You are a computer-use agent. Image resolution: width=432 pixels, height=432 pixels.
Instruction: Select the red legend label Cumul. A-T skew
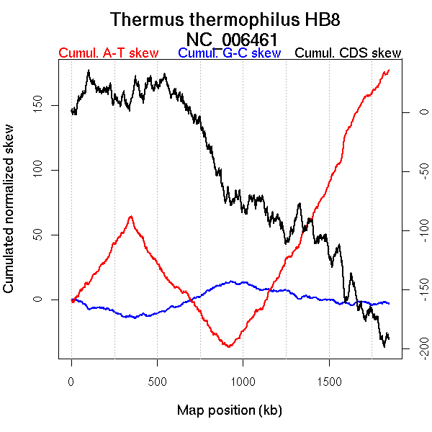point(108,53)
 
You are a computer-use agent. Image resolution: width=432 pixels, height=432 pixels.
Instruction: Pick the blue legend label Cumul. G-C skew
point(229,53)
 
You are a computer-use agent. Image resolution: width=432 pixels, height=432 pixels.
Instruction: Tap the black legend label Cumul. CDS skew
point(348,53)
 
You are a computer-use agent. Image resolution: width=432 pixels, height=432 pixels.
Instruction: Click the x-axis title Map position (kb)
point(229,410)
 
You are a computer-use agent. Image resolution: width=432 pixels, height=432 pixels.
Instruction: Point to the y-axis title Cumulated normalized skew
point(9,218)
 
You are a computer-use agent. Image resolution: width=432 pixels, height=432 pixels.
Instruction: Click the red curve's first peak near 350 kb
point(130,216)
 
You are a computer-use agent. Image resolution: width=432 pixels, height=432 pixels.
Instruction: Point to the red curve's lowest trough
point(229,347)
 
